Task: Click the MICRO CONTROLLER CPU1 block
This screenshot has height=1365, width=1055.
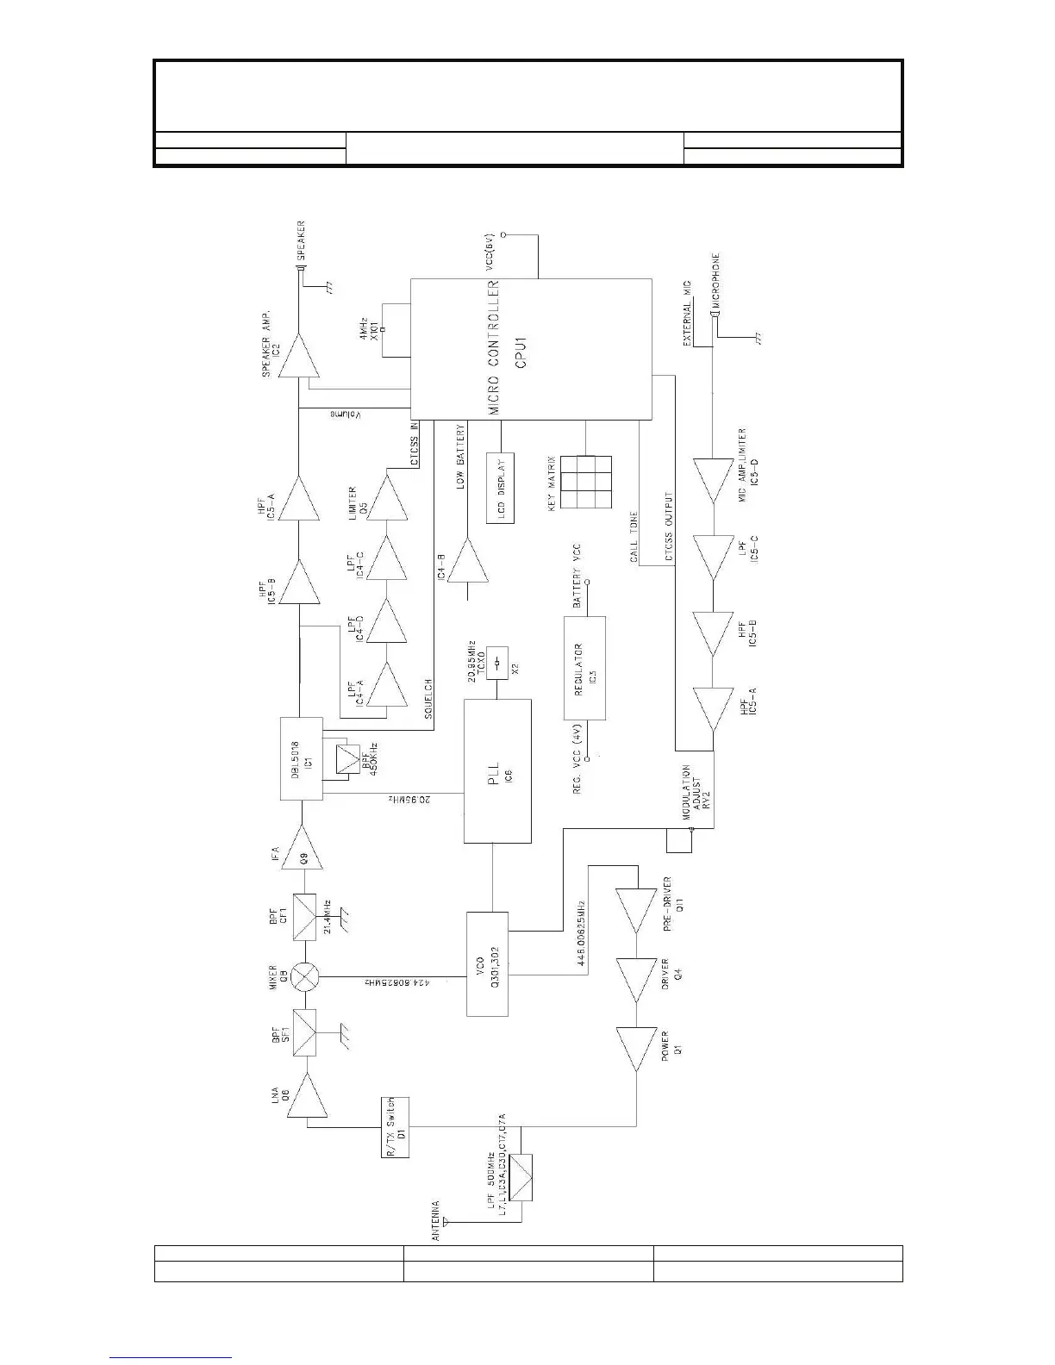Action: [x=530, y=347]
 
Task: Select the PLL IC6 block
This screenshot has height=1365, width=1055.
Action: [x=497, y=770]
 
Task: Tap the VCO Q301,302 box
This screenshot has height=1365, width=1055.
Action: [x=487, y=963]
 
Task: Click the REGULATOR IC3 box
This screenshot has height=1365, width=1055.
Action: [x=584, y=668]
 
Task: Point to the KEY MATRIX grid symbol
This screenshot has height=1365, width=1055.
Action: [x=586, y=483]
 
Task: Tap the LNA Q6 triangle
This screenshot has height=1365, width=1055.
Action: [x=303, y=1095]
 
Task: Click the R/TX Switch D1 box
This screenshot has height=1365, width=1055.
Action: [x=396, y=1127]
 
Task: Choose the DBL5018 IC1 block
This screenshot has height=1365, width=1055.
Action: [x=302, y=758]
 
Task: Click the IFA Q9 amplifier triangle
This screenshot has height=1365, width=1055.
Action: [x=303, y=848]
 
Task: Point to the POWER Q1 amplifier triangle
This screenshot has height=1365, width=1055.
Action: [x=636, y=1049]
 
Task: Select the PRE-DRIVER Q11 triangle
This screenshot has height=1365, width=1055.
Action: [x=636, y=911]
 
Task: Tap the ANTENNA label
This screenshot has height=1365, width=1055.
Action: [x=436, y=1221]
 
